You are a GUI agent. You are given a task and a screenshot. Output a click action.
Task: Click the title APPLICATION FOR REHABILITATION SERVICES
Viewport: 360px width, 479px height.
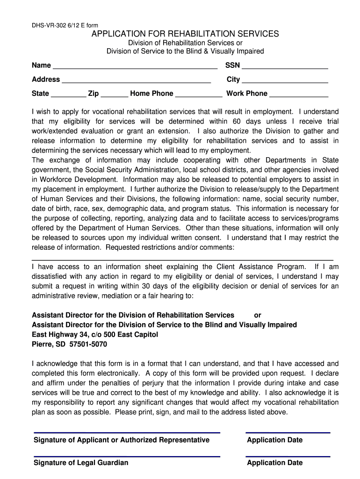pos(185,34)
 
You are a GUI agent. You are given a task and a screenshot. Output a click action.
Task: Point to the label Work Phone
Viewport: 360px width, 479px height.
pos(247,94)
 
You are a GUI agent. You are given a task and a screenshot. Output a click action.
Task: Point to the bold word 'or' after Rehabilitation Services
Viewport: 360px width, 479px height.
pos(258,315)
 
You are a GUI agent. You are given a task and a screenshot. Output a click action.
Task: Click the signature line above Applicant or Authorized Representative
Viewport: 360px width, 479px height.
pos(127,433)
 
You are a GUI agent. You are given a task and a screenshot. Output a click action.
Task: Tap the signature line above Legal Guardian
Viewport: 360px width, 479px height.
pos(127,456)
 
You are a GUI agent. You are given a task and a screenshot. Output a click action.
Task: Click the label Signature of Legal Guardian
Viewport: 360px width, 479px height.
pos(81,463)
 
